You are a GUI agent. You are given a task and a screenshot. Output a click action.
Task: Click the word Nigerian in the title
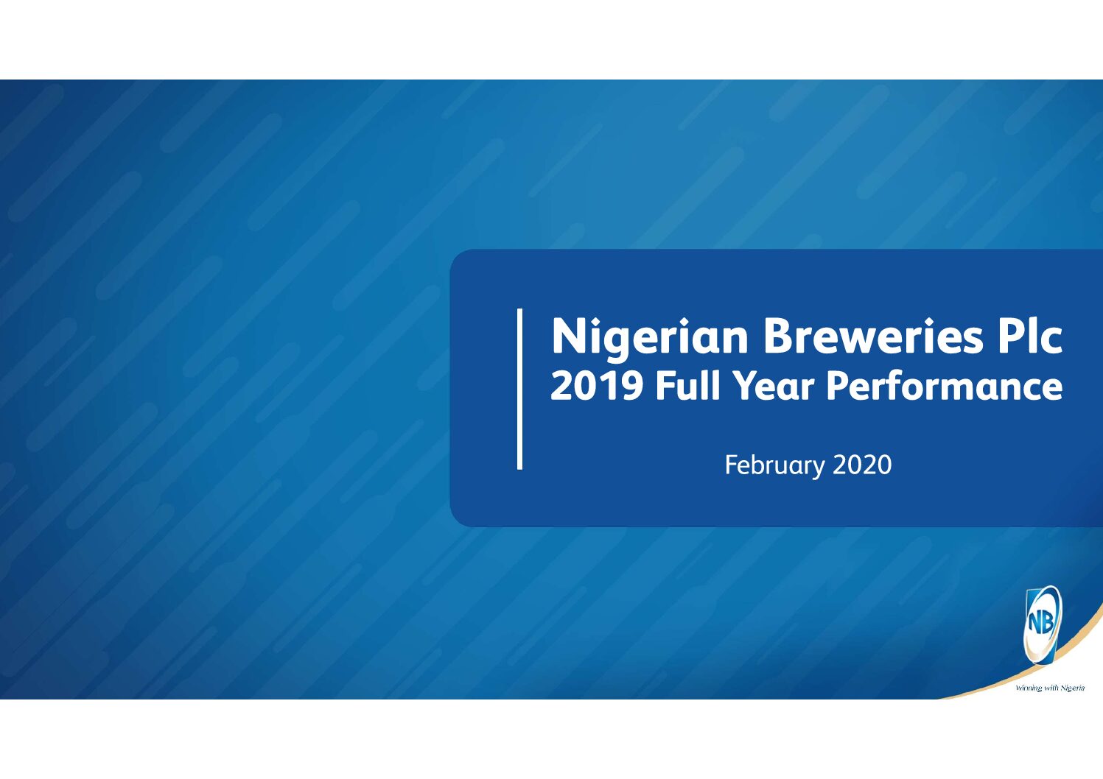pos(649,337)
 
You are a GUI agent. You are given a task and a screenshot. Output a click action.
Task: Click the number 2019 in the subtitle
pos(596,386)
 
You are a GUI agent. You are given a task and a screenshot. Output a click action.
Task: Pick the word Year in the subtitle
pos(774,386)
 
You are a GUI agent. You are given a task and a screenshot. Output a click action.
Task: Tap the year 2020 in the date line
pos(862,465)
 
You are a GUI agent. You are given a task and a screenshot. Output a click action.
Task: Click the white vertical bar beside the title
pos(519,389)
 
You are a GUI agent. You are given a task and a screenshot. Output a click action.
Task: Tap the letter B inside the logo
pos(1048,623)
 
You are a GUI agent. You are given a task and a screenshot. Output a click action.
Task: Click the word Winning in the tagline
pos(1027,688)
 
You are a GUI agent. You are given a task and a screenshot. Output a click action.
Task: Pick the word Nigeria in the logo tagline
pos(1073,688)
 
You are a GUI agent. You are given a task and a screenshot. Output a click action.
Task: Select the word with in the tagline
pos(1049,688)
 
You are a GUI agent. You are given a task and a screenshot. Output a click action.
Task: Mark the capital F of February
pos(732,465)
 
